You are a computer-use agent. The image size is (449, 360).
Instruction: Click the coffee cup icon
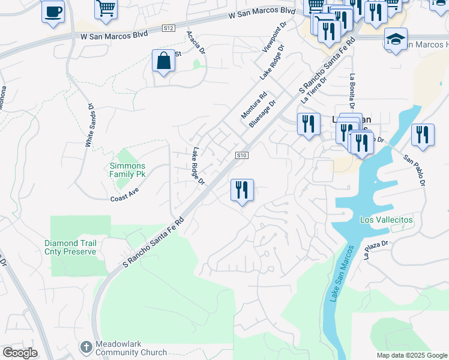point(53,11)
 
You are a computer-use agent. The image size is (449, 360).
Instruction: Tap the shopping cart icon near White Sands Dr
point(106,8)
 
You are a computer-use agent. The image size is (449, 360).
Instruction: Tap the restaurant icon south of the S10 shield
point(242,190)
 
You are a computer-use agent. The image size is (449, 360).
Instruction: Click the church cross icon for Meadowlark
point(86,347)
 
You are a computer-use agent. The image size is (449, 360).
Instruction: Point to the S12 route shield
point(169,28)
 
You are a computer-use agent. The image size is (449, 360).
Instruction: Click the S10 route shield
point(242,155)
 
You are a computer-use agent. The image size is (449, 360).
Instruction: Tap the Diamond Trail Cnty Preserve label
point(70,248)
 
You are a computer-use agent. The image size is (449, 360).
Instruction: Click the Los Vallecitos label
point(386,220)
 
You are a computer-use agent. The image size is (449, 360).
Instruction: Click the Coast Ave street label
point(124,194)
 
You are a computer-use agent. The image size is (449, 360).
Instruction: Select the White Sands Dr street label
point(89,125)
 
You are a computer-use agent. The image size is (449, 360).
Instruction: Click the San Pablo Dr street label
point(416,170)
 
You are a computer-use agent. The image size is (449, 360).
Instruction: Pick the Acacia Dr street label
point(196,43)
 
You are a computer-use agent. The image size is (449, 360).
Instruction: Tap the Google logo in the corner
point(20,353)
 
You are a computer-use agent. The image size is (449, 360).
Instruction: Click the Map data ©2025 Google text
point(412,355)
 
